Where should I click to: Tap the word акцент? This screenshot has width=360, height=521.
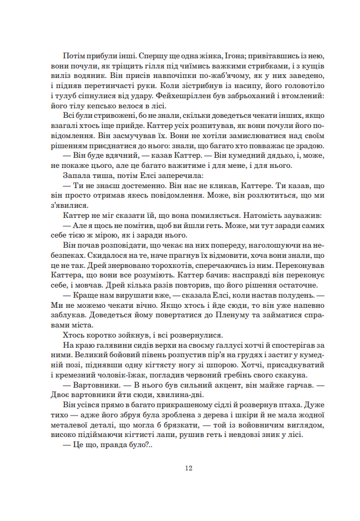point(203,383)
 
